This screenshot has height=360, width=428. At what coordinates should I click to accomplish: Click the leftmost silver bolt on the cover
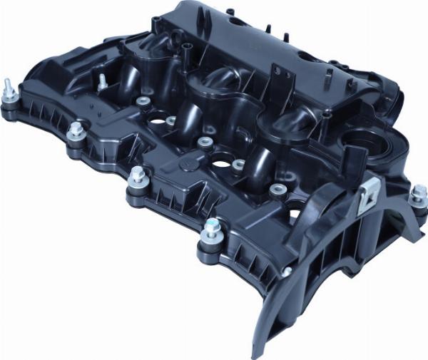[x=12, y=92]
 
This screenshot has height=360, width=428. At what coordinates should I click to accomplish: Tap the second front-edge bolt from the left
[x=75, y=131]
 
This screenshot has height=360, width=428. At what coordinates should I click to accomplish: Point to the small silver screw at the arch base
[x=286, y=272]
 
